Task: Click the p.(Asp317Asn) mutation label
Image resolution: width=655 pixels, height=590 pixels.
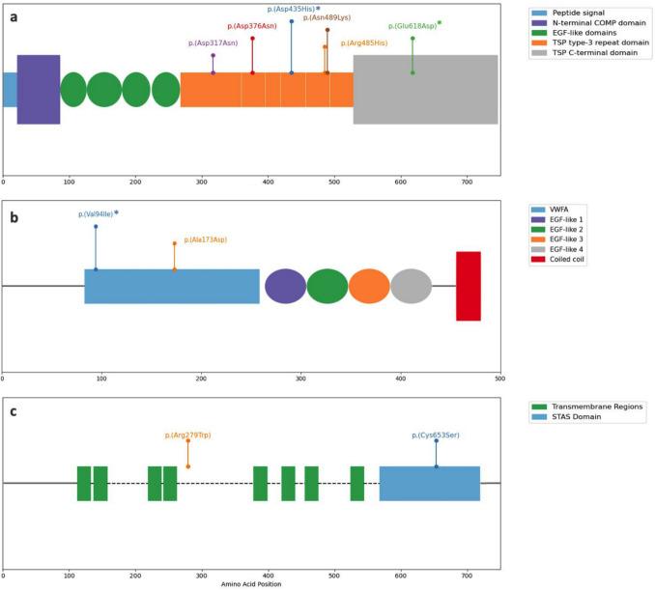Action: click(x=213, y=43)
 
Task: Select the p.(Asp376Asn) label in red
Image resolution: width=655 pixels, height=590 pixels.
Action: click(x=252, y=26)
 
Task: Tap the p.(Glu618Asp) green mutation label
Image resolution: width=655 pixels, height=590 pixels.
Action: click(x=413, y=26)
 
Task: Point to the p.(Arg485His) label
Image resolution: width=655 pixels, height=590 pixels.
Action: click(x=364, y=43)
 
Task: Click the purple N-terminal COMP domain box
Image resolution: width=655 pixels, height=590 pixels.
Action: click(x=39, y=89)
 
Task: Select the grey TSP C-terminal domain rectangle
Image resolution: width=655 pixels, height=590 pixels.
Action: click(x=425, y=89)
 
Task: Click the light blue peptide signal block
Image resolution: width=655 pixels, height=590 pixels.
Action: click(x=10, y=89)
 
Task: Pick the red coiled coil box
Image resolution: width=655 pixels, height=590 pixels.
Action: click(x=469, y=286)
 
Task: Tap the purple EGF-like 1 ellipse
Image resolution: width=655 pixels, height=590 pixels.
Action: click(x=285, y=286)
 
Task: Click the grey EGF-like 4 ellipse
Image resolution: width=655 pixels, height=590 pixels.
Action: click(x=411, y=286)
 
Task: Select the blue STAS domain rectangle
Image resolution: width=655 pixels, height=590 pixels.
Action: click(x=429, y=483)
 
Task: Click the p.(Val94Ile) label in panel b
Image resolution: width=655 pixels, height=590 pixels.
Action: click(x=96, y=214)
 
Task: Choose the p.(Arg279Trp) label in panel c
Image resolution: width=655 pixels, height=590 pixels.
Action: click(x=187, y=435)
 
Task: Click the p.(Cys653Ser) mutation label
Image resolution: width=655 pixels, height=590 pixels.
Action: click(x=436, y=435)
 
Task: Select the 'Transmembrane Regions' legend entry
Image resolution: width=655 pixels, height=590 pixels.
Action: click(x=589, y=407)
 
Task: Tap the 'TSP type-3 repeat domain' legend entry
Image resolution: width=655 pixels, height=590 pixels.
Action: click(x=595, y=43)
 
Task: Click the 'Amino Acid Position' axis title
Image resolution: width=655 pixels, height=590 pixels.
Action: click(x=250, y=583)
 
